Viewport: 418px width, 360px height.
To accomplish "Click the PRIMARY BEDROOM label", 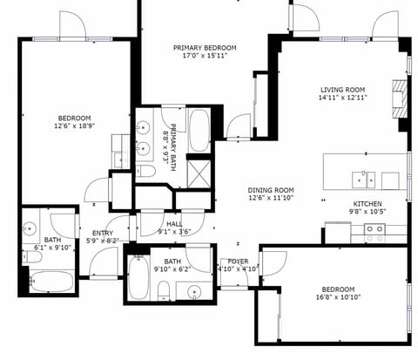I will pyautogui.click(x=206, y=48).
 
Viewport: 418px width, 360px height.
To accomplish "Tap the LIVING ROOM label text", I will pyautogui.click(x=341, y=90).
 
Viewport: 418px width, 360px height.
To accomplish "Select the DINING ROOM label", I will pyautogui.click(x=270, y=191).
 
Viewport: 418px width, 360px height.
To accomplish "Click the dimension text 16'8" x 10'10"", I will pyautogui.click(x=337, y=298).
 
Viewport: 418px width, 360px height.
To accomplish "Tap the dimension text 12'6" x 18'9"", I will pyautogui.click(x=75, y=127).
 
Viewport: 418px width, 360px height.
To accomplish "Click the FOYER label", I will pyautogui.click(x=239, y=262).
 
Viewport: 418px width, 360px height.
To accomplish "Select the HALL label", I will pyautogui.click(x=174, y=224).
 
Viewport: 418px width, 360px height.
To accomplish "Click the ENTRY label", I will pyautogui.click(x=103, y=233).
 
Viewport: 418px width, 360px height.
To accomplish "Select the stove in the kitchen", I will pyautogui.click(x=374, y=232).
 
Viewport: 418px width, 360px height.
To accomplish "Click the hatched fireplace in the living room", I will pyautogui.click(x=399, y=98).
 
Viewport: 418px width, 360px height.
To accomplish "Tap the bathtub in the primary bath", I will pyautogui.click(x=199, y=129).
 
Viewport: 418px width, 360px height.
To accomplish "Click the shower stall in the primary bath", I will pyautogui.click(x=199, y=171).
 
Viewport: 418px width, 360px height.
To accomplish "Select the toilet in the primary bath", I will pyautogui.click(x=145, y=172).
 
